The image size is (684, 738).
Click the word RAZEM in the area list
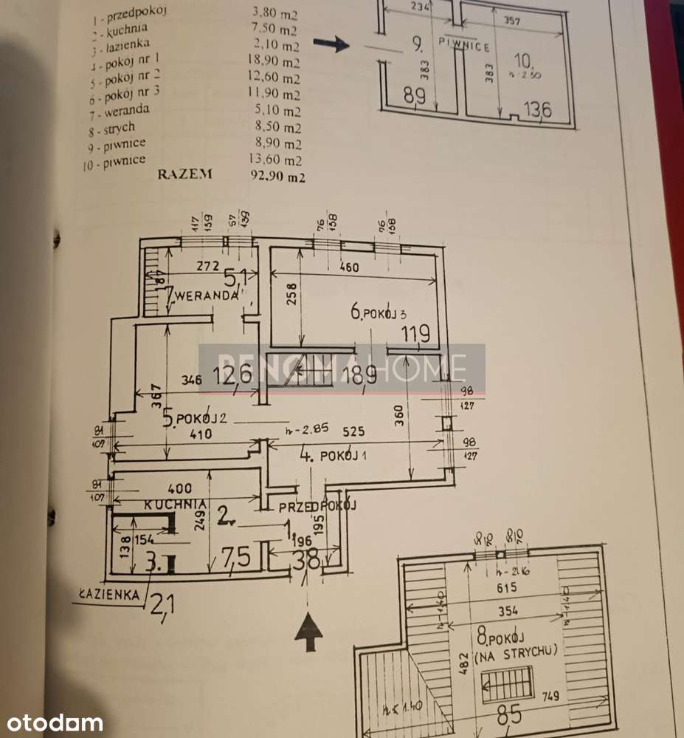click(x=184, y=174)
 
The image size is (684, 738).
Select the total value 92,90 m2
click(x=278, y=177)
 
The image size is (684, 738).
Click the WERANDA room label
click(x=206, y=295)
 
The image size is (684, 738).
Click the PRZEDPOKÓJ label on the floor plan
click(x=317, y=506)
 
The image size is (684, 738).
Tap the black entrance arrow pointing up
click(x=309, y=632)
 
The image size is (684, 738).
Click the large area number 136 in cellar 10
click(x=536, y=110)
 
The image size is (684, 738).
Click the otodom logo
click(x=51, y=722)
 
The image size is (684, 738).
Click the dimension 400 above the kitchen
click(x=180, y=488)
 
